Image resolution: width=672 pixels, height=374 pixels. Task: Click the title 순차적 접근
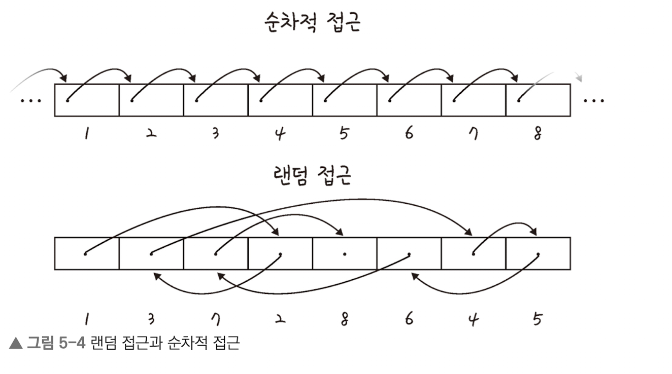(x=313, y=22)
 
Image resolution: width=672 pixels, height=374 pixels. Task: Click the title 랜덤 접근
(x=312, y=174)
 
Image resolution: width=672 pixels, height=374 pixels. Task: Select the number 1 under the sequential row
(x=87, y=135)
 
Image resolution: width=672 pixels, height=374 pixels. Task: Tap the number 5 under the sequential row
(x=345, y=135)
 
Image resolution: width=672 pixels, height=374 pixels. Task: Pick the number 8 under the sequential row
(x=537, y=135)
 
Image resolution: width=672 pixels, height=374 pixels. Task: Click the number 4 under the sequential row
(x=280, y=135)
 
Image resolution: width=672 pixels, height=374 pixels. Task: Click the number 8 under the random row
(x=345, y=319)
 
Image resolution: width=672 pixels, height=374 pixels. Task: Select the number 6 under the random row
(x=409, y=319)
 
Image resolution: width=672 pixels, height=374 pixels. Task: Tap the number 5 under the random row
(x=537, y=319)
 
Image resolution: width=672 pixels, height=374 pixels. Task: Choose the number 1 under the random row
(x=87, y=319)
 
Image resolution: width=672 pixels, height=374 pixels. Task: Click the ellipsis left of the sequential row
(x=30, y=100)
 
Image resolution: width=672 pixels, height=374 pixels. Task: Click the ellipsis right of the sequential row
(x=594, y=100)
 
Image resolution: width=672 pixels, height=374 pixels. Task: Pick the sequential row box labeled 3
(x=216, y=100)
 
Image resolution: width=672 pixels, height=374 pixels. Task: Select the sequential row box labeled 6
(x=409, y=100)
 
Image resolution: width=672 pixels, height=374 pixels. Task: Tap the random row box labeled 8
(x=345, y=253)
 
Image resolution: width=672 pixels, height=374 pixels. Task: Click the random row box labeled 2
(x=280, y=253)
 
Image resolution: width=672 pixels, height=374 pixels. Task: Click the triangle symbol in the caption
(x=16, y=344)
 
